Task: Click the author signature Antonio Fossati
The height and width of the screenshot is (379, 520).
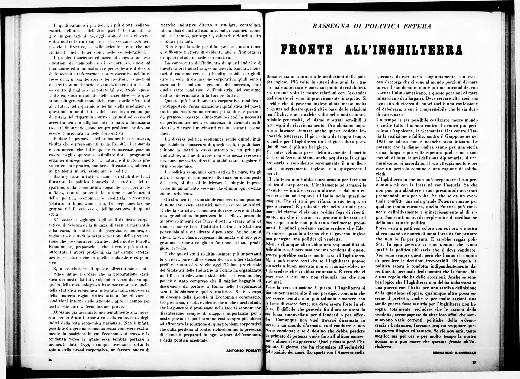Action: pyautogui.click(x=243, y=351)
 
